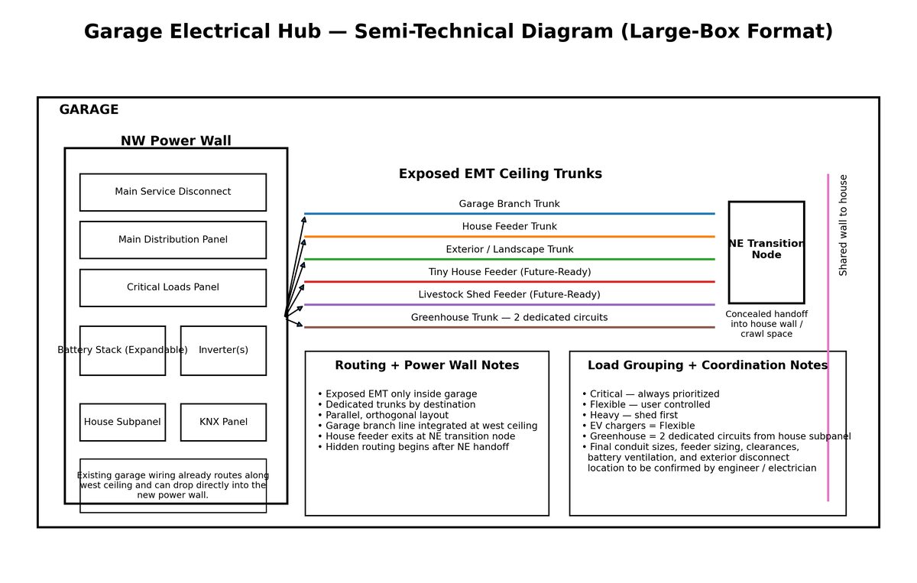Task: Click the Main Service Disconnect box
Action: pos(173,193)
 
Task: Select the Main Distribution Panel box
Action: pos(173,240)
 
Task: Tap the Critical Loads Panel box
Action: pos(173,288)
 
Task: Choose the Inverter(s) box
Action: pos(223,351)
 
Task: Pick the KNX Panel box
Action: pos(223,422)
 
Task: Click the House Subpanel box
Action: pos(123,422)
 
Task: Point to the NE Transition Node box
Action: pos(766,252)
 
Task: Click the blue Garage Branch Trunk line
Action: pos(509,214)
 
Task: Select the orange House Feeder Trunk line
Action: pos(509,237)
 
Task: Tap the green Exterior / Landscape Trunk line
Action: pos(509,259)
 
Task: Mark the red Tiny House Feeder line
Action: pos(509,282)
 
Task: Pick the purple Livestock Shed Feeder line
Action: pos(509,305)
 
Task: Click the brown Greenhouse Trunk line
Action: pos(509,327)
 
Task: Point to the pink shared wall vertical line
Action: pos(828,338)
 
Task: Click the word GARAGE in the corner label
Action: pos(89,110)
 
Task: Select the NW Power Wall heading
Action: pos(176,141)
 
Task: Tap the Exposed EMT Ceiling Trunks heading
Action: pos(501,173)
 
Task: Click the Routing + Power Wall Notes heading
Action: pos(427,365)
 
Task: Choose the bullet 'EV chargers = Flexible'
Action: pos(638,426)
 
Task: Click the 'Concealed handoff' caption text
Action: pos(766,314)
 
